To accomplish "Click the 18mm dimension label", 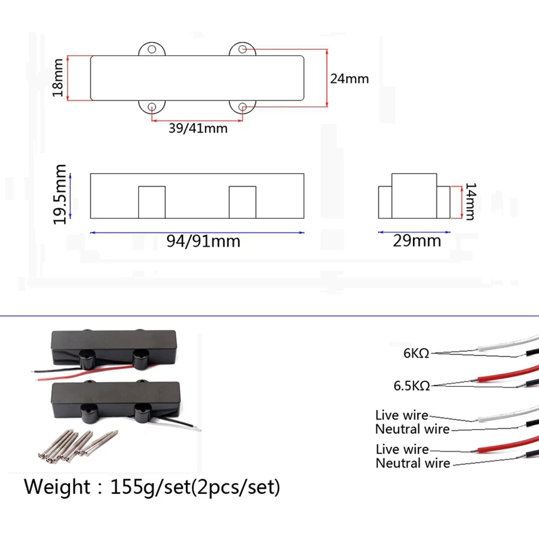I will tap(59, 77).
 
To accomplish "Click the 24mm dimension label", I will tap(349, 78).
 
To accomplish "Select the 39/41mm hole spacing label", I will tap(197, 128).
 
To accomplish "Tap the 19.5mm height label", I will tap(61, 195).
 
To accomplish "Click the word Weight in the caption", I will tap(57, 486).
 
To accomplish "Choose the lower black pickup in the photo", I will tap(118, 398).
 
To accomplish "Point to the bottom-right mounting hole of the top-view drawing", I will tap(243, 106).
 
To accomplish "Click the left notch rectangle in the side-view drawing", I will tap(152, 202).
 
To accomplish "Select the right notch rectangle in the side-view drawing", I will tap(243, 202).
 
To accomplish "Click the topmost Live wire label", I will tap(401, 415).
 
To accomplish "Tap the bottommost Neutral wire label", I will tap(412, 463).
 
